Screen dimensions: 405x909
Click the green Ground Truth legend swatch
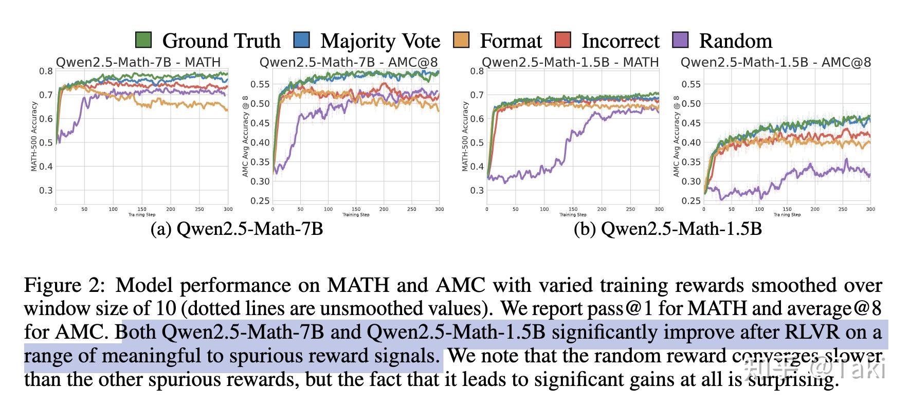(x=143, y=40)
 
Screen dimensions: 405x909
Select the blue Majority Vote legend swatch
(x=301, y=40)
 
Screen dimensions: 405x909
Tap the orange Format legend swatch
(x=461, y=40)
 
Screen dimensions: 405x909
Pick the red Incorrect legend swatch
(x=563, y=40)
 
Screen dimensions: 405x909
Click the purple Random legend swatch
(x=680, y=40)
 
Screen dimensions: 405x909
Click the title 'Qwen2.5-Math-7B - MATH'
(x=138, y=63)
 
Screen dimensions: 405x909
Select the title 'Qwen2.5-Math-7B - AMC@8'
(x=349, y=63)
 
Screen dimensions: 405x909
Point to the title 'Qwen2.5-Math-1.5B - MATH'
(x=570, y=63)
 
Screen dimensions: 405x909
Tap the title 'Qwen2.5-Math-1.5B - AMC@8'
(x=776, y=63)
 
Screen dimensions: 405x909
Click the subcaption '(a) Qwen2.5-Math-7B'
(x=237, y=229)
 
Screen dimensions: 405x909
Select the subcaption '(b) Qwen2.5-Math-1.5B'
(x=667, y=229)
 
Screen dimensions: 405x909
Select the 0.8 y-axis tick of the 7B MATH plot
(x=46, y=71)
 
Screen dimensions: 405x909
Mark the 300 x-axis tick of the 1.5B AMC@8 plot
(x=870, y=209)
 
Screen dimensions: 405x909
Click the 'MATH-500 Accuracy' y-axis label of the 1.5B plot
(x=466, y=136)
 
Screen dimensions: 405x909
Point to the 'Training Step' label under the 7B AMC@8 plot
(x=356, y=214)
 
